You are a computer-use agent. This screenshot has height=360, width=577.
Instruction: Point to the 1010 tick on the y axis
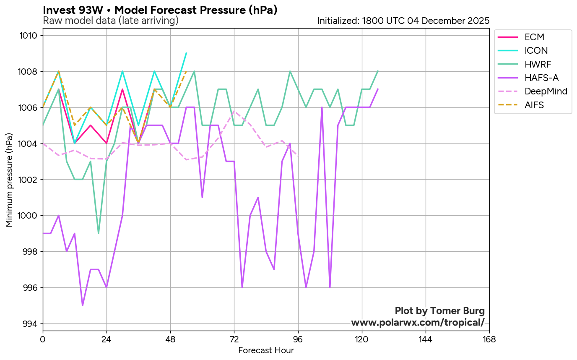coord(29,36)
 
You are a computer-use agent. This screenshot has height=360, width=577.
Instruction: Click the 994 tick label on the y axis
coord(31,324)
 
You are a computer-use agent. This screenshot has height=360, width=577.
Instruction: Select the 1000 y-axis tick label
coord(29,216)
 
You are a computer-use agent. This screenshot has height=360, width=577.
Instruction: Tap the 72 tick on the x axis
coord(234,339)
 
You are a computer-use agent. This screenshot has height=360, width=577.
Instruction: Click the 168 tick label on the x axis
coord(489,339)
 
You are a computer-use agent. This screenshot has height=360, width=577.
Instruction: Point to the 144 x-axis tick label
coord(426,339)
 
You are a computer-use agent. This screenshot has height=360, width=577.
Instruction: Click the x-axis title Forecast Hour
coord(266,350)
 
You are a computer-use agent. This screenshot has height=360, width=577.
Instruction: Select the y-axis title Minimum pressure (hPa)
coord(10,180)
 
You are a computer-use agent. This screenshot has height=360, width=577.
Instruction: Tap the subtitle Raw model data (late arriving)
coord(111,21)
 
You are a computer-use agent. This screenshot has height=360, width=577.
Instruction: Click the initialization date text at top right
coord(403,21)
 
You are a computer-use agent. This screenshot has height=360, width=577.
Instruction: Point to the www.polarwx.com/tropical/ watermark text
coord(418,322)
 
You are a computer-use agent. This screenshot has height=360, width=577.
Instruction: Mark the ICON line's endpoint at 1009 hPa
coord(186,53)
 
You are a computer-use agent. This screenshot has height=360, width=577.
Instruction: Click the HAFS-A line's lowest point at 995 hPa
coord(83,305)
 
